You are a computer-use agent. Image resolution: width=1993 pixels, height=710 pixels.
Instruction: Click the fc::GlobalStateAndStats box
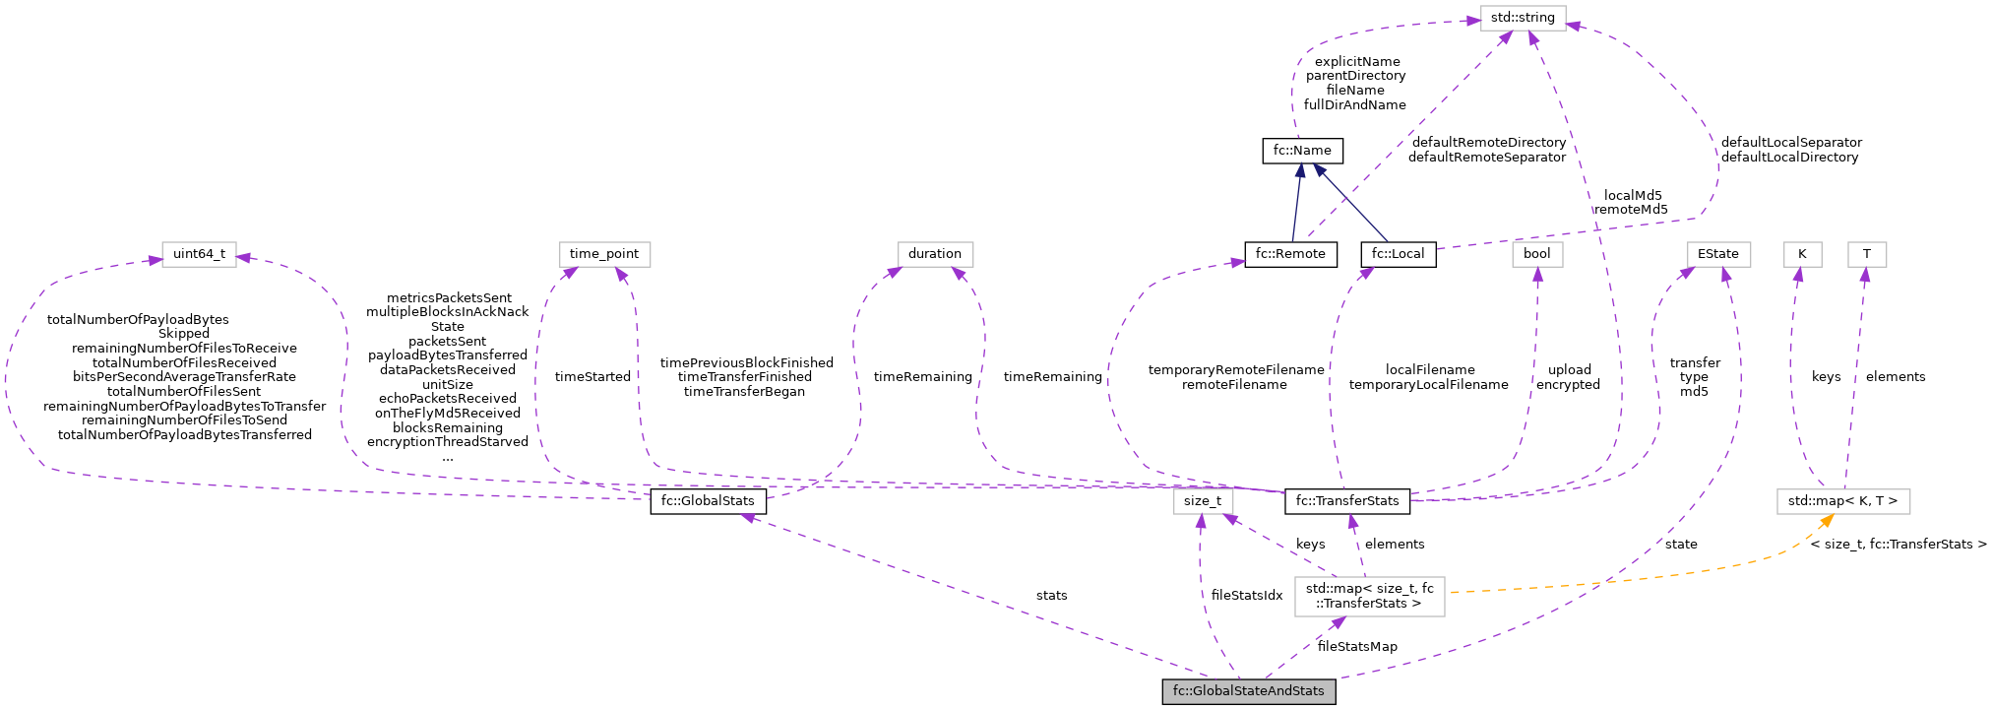click(x=1248, y=691)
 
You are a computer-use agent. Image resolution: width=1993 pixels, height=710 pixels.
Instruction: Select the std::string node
click(x=1523, y=18)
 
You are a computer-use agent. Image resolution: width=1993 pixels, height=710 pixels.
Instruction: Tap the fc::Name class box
click(x=1301, y=151)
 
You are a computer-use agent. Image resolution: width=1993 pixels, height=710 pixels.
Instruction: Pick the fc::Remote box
click(x=1290, y=254)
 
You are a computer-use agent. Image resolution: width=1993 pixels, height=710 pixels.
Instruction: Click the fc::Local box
click(x=1398, y=254)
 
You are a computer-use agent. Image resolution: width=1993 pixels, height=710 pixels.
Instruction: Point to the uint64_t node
click(x=199, y=254)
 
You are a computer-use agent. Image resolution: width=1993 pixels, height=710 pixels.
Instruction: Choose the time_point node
click(x=603, y=254)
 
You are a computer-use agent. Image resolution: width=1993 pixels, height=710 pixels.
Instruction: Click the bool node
click(x=1536, y=254)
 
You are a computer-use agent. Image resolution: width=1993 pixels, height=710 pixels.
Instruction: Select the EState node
click(x=1717, y=254)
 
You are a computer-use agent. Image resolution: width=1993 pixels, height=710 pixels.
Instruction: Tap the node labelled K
click(x=1802, y=254)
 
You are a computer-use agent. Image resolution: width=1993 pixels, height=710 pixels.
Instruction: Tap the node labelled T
click(x=1866, y=254)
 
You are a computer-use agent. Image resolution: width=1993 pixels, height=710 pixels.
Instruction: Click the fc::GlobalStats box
click(x=708, y=501)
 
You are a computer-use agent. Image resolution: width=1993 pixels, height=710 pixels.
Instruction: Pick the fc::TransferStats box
click(x=1346, y=501)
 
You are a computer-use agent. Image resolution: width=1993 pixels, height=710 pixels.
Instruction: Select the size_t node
click(x=1202, y=501)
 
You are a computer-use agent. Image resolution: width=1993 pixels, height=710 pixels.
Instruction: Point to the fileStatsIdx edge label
click(x=1246, y=596)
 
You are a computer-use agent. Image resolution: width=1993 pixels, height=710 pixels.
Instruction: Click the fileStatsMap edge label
click(x=1356, y=647)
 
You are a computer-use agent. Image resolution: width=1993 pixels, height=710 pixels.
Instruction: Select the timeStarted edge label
click(x=592, y=377)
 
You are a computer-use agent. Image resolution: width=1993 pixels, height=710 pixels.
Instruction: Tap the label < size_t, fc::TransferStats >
click(x=1898, y=545)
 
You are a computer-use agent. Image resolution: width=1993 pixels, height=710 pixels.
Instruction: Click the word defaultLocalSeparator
click(x=1790, y=143)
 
